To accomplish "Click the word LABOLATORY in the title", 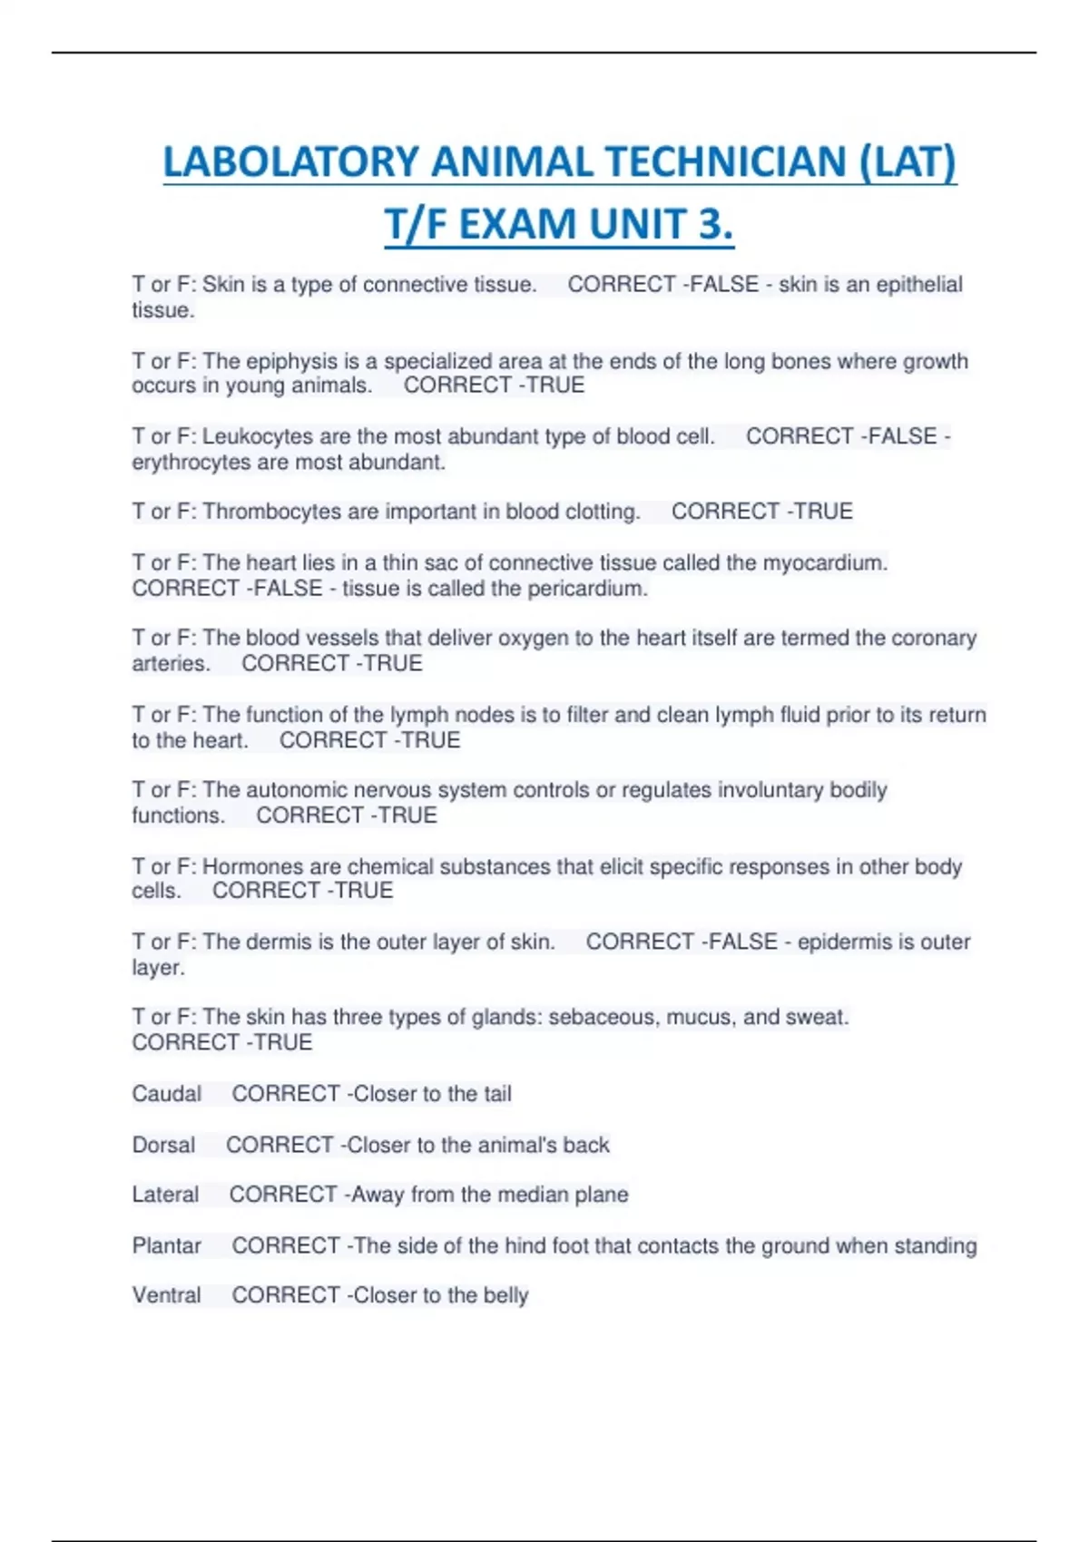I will [x=290, y=163].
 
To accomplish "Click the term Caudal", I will [x=167, y=1094].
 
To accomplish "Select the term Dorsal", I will [x=163, y=1145].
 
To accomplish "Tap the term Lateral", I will [x=165, y=1195].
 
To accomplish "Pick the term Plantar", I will [x=167, y=1245].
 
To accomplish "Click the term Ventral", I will [x=167, y=1295].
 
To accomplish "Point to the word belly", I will [x=505, y=1295].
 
